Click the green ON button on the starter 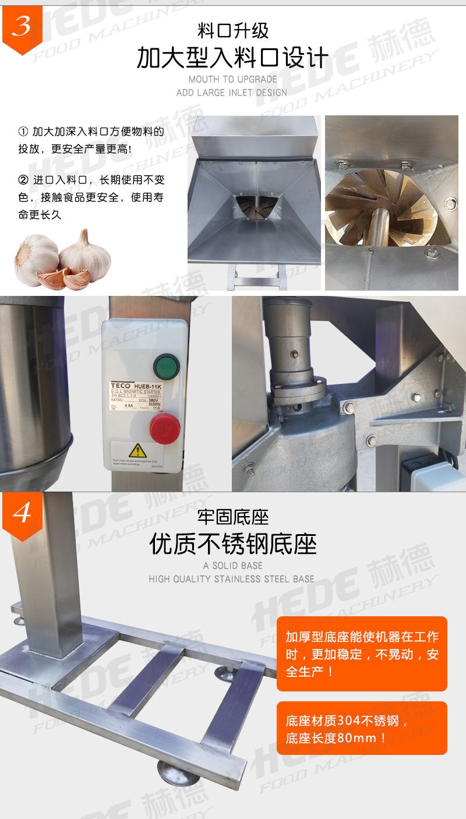click(166, 367)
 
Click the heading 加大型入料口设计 click(232, 58)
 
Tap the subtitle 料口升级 click(232, 30)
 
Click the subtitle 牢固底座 click(232, 516)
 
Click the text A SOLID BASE click(232, 566)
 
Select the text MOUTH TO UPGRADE click(232, 79)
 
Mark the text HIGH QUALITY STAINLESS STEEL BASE click(232, 579)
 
